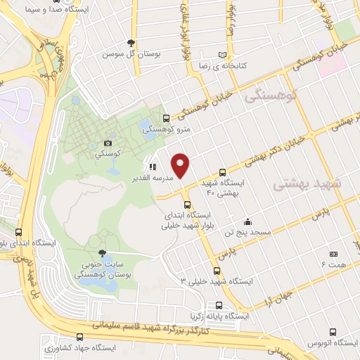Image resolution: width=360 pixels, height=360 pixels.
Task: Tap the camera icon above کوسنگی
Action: [108, 143]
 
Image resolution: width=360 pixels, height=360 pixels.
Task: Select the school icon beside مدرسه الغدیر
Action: [153, 167]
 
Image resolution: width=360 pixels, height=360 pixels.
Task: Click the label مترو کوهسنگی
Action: [166, 129]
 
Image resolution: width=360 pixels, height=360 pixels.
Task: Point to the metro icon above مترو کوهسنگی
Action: [166, 118]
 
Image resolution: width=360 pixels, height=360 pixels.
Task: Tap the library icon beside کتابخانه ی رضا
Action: [223, 54]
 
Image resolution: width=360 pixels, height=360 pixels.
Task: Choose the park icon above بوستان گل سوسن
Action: [130, 43]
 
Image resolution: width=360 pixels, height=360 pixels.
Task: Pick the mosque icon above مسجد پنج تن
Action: [246, 220]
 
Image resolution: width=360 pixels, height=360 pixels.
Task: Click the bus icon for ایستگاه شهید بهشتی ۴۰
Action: [223, 172]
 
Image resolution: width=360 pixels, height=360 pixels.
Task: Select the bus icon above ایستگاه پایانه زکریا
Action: [219, 306]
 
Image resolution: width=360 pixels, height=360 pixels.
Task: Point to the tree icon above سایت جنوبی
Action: [103, 253]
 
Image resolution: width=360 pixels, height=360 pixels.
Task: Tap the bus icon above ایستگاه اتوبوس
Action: [331, 330]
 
